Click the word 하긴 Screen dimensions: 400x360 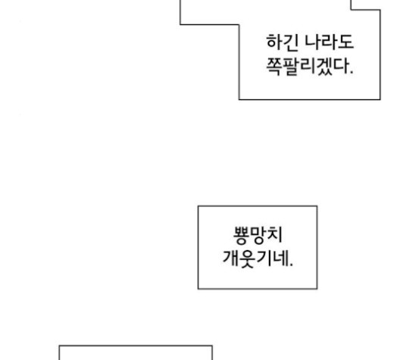pos(282,42)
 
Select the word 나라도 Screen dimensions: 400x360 pos(330,42)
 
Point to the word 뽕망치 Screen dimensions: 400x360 pos(258,235)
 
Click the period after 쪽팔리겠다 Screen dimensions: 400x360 pos(352,73)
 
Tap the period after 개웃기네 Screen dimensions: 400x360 pos(291,265)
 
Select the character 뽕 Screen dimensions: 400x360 pos(241,235)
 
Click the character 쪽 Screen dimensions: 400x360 pos(274,67)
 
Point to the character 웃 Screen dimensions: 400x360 pos(247,259)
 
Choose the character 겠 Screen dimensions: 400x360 pos(323,67)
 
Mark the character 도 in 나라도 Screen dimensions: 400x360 pos(345,42)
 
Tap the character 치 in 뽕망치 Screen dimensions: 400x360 pos(275,234)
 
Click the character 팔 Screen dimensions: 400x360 pos(291,67)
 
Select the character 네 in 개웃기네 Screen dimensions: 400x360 pos(281,258)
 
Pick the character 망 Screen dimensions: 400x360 pos(258,235)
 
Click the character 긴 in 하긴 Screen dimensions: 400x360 pos(290,42)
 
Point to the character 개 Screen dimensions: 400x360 pos(230,258)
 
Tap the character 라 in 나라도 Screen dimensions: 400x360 pos(330,42)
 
